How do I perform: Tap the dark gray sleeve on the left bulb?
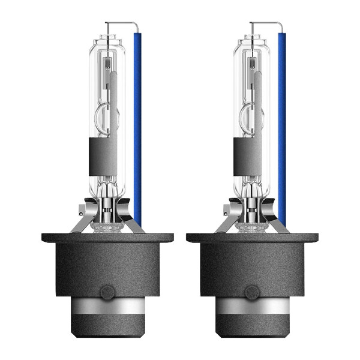[103, 157]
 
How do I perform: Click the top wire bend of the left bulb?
[135, 25]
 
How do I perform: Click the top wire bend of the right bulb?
[280, 25]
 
